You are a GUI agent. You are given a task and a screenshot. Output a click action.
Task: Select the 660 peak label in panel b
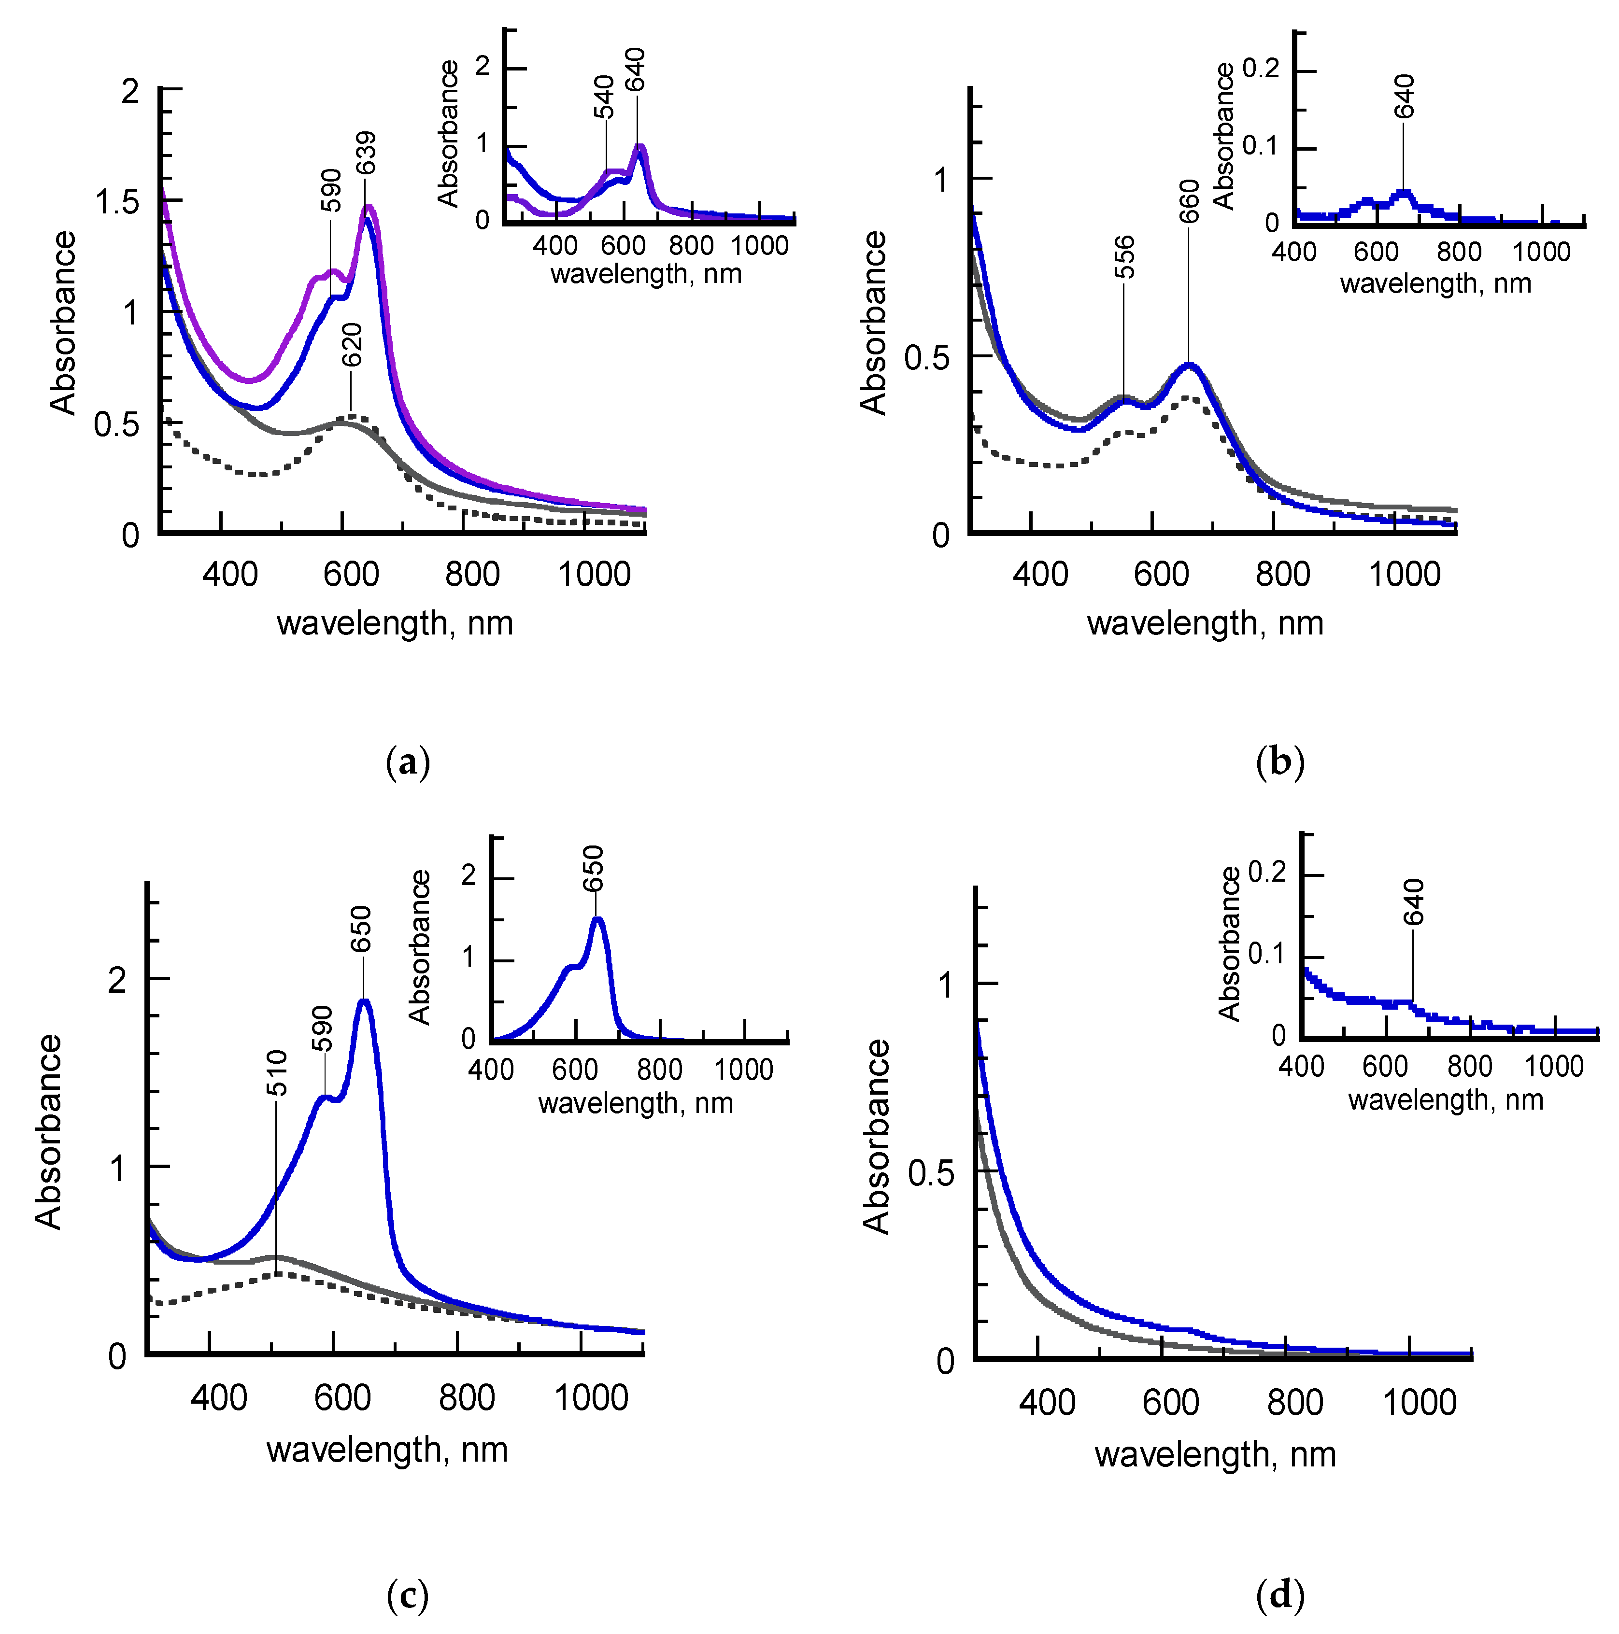point(1189,201)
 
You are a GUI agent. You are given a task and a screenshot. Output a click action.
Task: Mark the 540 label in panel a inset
point(603,98)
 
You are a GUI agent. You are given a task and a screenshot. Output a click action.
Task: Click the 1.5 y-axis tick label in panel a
point(117,203)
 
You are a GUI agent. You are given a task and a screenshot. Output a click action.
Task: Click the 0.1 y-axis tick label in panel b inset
point(1261,147)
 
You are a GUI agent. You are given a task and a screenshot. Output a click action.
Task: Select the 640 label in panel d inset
point(1413,902)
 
